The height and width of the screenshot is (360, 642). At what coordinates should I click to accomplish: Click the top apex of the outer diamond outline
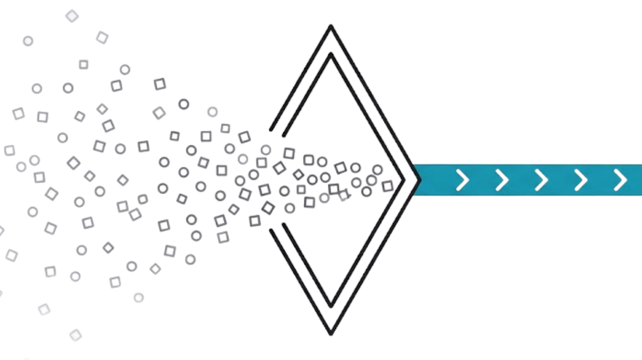[x=331, y=25]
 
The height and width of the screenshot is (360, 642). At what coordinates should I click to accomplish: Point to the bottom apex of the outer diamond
[x=331, y=335]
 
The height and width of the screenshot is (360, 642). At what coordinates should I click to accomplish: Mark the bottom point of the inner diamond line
[x=331, y=307]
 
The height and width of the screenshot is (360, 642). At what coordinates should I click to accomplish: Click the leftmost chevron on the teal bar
[x=462, y=180]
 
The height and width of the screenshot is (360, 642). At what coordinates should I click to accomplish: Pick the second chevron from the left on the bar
[x=502, y=180]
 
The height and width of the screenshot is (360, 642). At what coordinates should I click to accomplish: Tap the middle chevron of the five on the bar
[x=541, y=180]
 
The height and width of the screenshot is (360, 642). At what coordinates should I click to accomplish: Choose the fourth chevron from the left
[x=581, y=180]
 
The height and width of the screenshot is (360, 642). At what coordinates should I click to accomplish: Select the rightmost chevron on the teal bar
[x=621, y=180]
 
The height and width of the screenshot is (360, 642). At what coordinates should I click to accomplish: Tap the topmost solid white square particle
[x=72, y=16]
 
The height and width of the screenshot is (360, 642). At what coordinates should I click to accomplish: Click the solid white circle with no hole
[x=28, y=41]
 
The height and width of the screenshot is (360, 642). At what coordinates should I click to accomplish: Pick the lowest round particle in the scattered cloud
[x=138, y=297]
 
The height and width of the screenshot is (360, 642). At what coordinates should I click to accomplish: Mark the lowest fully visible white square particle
[x=75, y=335]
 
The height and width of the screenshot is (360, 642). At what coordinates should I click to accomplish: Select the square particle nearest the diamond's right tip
[x=387, y=186]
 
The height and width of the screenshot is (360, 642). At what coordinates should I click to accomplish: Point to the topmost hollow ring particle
[x=125, y=70]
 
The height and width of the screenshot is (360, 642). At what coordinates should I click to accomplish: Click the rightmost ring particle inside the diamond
[x=377, y=169]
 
